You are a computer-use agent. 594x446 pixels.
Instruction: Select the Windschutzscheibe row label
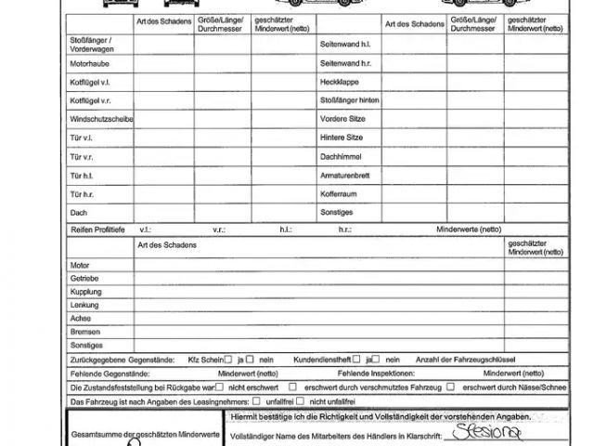point(101,119)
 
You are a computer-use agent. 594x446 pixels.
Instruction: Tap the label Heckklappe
point(338,82)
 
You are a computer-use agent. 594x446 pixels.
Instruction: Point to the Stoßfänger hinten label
point(349,100)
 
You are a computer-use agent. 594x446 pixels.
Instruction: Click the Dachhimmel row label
point(340,156)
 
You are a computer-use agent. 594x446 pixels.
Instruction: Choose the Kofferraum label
point(339,193)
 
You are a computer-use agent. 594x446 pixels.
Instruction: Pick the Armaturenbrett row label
point(345,175)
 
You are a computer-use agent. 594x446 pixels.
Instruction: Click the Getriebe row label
point(84,278)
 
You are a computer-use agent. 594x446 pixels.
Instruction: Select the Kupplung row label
point(86,291)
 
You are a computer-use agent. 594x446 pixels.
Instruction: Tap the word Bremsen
point(84,330)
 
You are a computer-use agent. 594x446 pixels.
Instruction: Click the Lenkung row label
point(84,304)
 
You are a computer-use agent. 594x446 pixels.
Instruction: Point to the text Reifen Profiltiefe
point(97,228)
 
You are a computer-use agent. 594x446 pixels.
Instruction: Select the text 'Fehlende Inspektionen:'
point(338,373)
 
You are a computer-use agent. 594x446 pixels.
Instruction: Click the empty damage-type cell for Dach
point(163,212)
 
